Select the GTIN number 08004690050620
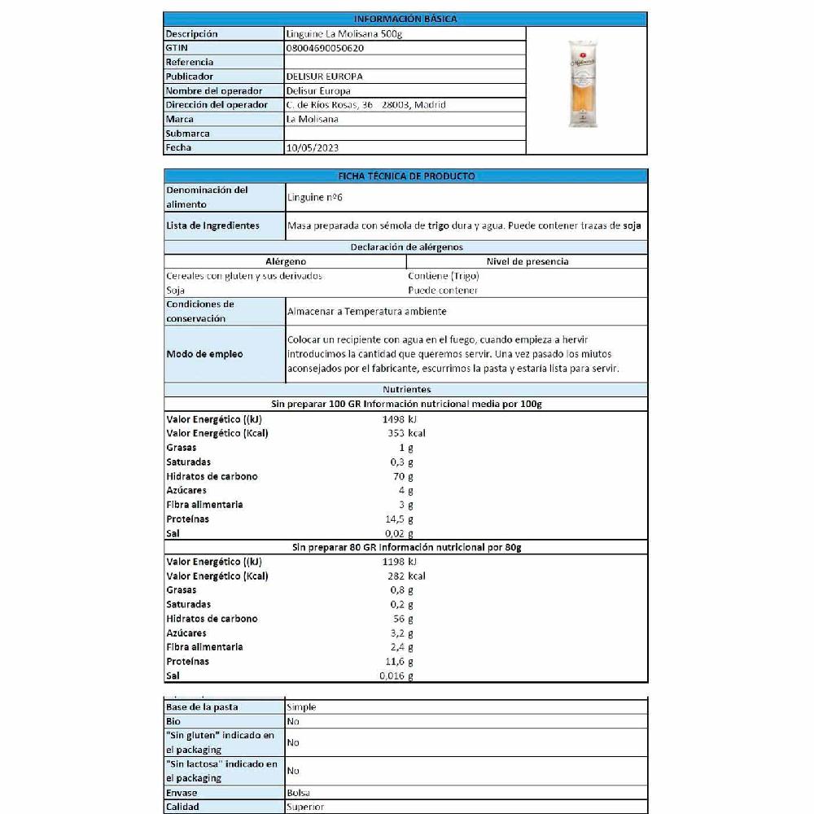pos(325,48)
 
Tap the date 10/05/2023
pos(313,148)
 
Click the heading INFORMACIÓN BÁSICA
pos(405,19)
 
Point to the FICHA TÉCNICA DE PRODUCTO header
pos(405,176)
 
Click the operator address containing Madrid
pos(366,105)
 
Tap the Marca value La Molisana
pos(313,119)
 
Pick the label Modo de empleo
pos(204,354)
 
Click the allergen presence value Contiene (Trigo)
pos(444,276)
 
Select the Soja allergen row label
pos(175,290)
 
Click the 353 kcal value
pos(407,433)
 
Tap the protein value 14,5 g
pos(402,519)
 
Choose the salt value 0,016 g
pos(396,676)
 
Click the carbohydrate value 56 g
pos(402,619)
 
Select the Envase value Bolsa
pos(299,793)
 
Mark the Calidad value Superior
pos(305,807)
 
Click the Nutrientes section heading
pos(405,390)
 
